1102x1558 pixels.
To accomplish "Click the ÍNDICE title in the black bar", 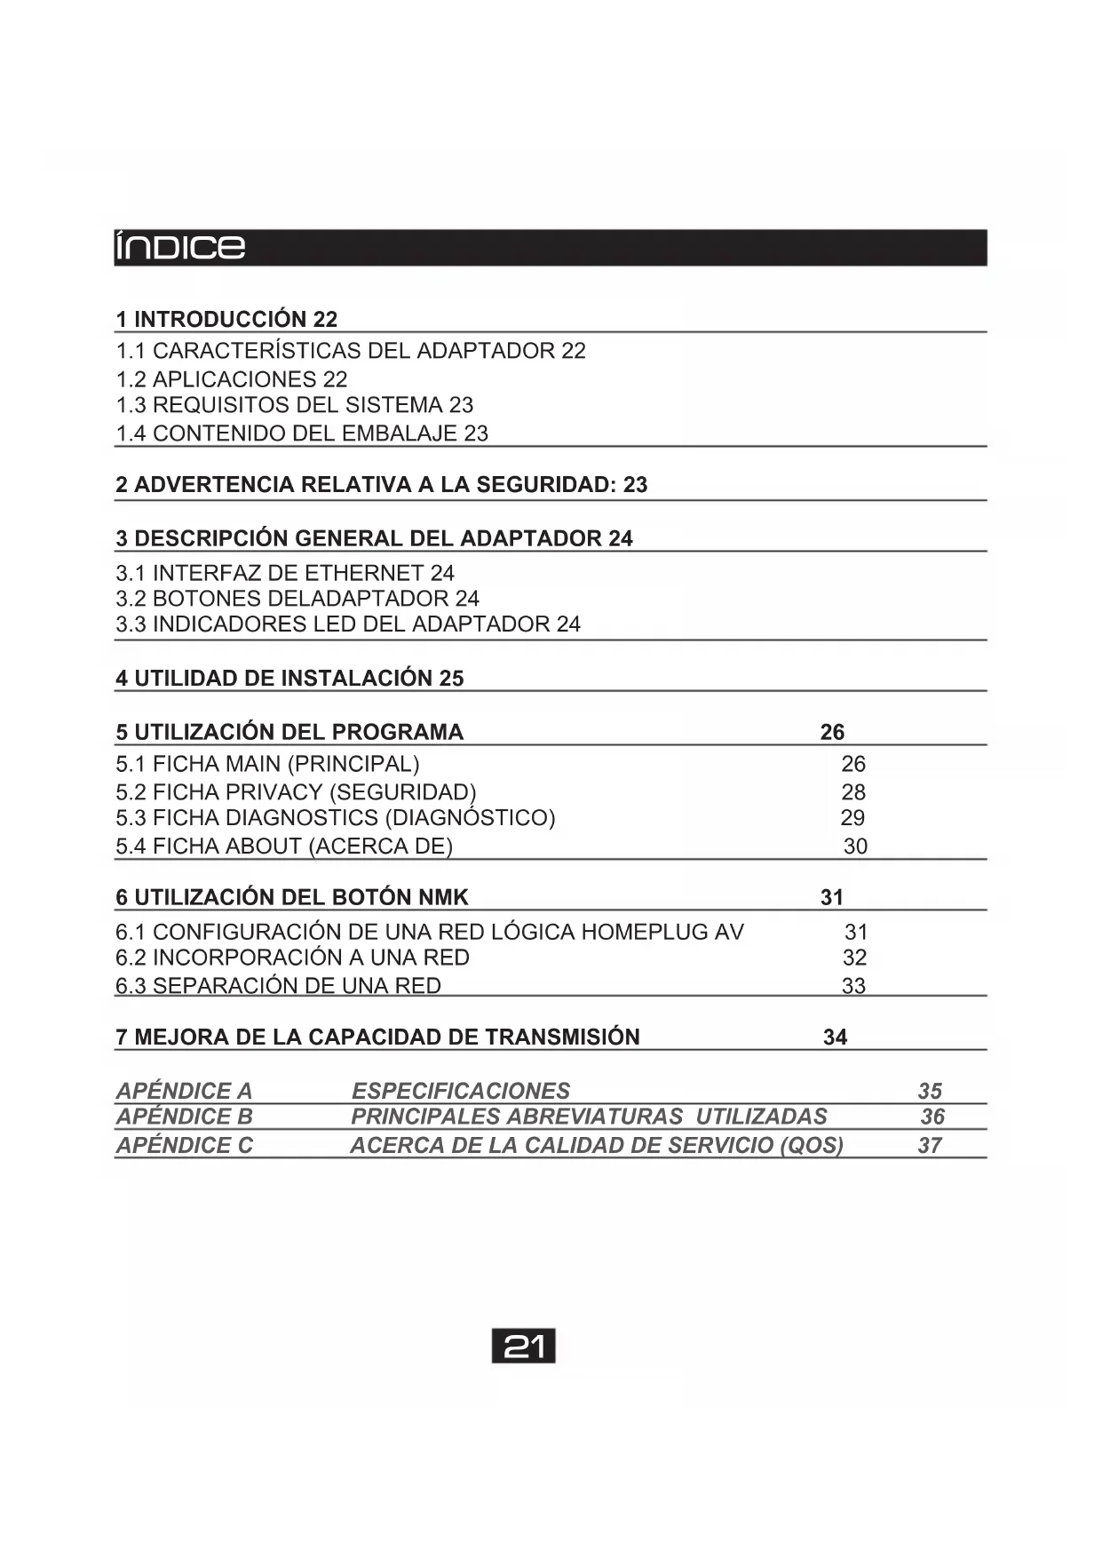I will pyautogui.click(x=180, y=247).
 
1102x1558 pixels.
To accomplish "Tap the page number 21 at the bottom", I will pyautogui.click(x=523, y=1347).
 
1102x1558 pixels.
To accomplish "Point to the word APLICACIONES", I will pyautogui.click(x=234, y=379).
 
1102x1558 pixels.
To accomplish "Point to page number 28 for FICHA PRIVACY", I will pyautogui.click(x=853, y=792).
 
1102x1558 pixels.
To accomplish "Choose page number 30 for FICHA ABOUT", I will pyautogui.click(x=855, y=847).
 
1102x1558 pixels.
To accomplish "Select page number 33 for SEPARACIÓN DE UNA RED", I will pyautogui.click(x=853, y=986).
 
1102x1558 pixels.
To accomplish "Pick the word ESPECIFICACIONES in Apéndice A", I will pyautogui.click(x=461, y=1091).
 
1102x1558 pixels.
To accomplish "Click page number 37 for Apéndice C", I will pyautogui.click(x=930, y=1146).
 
